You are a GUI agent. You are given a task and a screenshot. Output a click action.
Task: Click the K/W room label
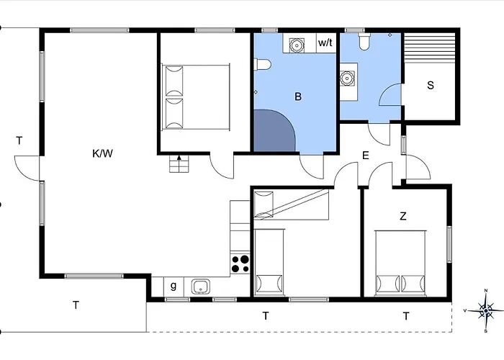click(x=102, y=153)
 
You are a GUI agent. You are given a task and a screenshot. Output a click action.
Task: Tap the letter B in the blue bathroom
click(x=298, y=96)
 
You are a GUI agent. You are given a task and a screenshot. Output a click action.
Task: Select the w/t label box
click(x=326, y=42)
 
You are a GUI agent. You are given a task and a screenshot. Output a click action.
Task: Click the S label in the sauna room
click(x=431, y=85)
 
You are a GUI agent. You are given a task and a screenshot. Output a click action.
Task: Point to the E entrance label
click(x=366, y=156)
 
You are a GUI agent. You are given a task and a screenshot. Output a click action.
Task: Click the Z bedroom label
click(x=403, y=216)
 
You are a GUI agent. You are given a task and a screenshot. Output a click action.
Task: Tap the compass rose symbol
click(x=485, y=310)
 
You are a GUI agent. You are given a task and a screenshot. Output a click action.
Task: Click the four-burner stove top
click(x=240, y=264)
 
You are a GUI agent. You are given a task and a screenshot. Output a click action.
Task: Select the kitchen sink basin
click(x=201, y=287)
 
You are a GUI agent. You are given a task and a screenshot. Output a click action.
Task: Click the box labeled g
click(x=174, y=287)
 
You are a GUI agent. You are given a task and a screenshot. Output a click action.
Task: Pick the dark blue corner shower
click(x=274, y=130)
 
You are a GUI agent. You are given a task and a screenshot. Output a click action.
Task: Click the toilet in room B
click(x=263, y=64)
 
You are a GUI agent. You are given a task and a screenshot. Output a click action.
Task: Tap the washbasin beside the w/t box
click(x=297, y=45)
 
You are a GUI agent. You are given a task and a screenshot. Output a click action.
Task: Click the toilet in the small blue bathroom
click(x=364, y=42)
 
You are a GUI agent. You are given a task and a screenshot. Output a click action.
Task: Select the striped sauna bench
click(x=430, y=48)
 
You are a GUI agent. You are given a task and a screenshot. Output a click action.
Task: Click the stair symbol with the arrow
click(x=179, y=163)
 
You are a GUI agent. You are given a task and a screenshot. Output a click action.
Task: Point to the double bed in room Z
click(x=400, y=263)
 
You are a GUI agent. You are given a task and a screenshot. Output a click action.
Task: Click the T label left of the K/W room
click(x=19, y=140)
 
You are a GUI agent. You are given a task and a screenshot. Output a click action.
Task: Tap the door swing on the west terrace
click(x=27, y=168)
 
